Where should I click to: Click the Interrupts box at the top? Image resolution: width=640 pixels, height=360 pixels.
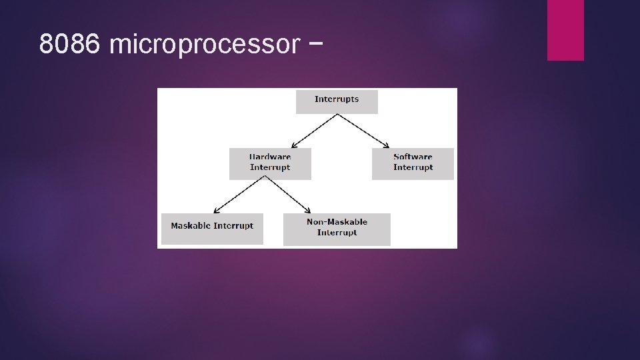[337, 102]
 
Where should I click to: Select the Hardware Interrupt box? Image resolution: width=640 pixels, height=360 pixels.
[270, 163]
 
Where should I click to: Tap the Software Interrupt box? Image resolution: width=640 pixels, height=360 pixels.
[413, 163]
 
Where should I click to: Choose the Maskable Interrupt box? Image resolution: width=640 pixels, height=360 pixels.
[212, 229]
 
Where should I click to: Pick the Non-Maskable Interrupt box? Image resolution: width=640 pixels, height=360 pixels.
[337, 229]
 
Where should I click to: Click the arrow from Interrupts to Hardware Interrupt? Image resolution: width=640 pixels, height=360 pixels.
[315, 130]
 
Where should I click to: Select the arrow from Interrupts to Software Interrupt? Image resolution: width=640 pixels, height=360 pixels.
[363, 130]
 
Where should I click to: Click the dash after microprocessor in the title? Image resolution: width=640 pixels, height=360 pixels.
[317, 44]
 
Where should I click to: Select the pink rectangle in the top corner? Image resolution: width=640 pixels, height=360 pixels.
[565, 30]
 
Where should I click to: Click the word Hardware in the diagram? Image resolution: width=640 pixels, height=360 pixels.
[270, 157]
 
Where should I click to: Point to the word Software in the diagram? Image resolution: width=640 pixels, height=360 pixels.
[413, 157]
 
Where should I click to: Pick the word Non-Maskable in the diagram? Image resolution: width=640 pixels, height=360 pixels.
[337, 221]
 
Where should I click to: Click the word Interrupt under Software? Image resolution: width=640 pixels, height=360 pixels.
[413, 167]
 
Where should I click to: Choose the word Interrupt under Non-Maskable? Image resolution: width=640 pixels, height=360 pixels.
[337, 233]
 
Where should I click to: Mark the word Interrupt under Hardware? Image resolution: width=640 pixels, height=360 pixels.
[270, 167]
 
